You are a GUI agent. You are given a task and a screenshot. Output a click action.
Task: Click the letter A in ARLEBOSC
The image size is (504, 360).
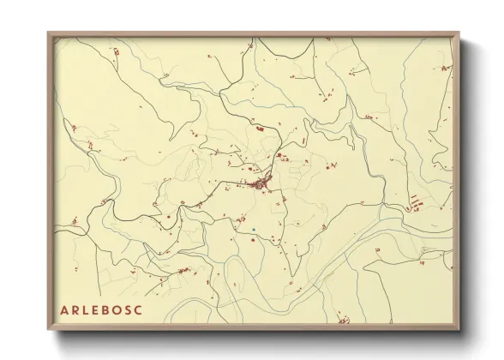click(x=64, y=309)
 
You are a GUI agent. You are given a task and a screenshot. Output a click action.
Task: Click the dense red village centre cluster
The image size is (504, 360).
click(x=261, y=183)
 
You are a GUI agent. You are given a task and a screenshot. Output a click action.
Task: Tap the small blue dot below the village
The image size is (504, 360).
click(x=254, y=229)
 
